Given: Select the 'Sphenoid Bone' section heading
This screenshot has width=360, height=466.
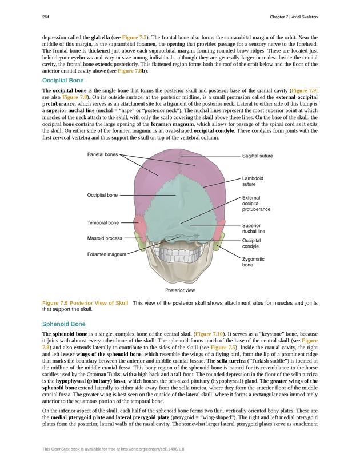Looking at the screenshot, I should (64, 324).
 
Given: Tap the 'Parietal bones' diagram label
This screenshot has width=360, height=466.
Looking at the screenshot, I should (103, 154).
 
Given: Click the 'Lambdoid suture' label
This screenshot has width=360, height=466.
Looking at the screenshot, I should (253, 181).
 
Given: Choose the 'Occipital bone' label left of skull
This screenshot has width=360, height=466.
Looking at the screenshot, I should (102, 195).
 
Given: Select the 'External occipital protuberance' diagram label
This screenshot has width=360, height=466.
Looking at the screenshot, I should (256, 204).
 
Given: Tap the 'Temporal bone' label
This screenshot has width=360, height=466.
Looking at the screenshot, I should (103, 222).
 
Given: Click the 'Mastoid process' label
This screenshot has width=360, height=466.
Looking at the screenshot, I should (105, 238).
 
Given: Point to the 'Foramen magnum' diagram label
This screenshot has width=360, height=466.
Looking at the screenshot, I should (106, 254).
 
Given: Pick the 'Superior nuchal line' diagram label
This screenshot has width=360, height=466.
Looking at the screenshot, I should (253, 229).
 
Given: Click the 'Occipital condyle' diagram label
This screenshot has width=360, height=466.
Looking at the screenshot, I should (253, 244).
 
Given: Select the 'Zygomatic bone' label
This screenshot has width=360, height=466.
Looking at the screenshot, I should (253, 262).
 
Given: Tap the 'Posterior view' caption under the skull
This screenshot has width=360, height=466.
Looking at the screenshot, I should (180, 290).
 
